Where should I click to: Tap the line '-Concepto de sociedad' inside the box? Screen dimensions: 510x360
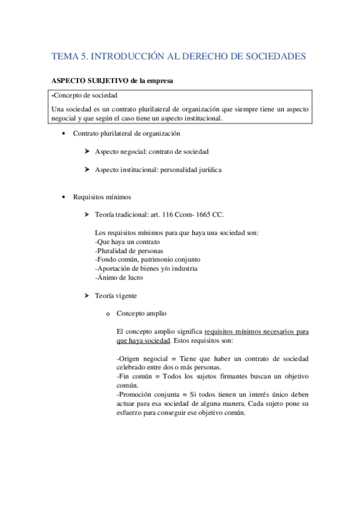(85, 95)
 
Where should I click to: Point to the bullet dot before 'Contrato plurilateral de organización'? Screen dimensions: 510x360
(64, 134)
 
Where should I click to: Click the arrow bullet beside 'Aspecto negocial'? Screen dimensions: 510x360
(88, 152)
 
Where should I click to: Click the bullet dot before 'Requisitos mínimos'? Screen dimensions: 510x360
(64, 197)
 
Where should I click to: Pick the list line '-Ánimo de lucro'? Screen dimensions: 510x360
(119, 278)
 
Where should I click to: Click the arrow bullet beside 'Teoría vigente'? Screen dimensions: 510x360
(88, 296)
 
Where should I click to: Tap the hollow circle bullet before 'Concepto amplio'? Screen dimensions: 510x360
(108, 314)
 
